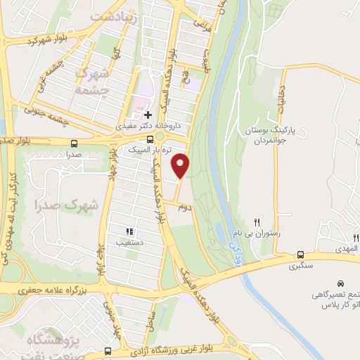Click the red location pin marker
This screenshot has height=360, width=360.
pyautogui.click(x=181, y=165)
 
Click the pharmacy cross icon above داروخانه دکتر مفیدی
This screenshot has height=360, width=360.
pyautogui.click(x=147, y=115)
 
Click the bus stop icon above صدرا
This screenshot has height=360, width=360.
pyautogui.click(x=72, y=141)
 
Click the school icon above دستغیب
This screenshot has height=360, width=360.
pyautogui.click(x=129, y=231)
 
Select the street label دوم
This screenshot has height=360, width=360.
pyautogui.click(x=184, y=207)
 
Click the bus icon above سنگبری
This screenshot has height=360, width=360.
pyautogui.click(x=301, y=255)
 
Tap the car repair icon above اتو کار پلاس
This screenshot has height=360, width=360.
pyautogui.click(x=342, y=280)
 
